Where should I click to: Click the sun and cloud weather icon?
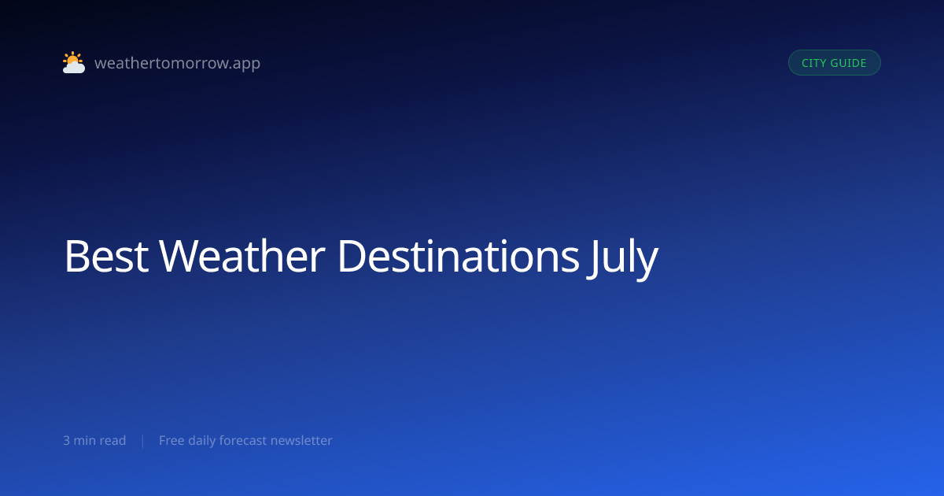(x=74, y=62)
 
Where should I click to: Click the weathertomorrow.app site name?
(x=178, y=63)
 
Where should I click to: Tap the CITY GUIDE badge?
(x=835, y=63)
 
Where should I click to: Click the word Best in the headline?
(x=106, y=256)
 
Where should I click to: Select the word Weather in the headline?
(x=242, y=256)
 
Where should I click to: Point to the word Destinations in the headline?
(x=459, y=256)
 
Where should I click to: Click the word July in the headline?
(x=622, y=258)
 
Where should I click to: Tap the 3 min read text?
(x=94, y=440)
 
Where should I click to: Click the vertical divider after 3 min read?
(x=143, y=441)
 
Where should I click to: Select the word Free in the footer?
(x=171, y=440)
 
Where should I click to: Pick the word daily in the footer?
(x=202, y=441)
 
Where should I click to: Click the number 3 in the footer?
(x=67, y=441)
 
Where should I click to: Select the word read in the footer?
(x=112, y=440)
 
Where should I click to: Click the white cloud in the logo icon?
(x=74, y=68)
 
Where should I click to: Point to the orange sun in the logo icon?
(x=72, y=58)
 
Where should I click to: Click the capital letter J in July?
(x=593, y=259)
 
